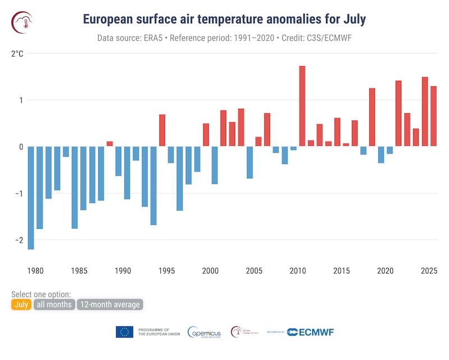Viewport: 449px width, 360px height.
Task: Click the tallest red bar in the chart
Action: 302,106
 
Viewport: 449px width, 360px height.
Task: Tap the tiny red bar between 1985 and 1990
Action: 109,144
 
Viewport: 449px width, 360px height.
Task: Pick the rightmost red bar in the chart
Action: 433,116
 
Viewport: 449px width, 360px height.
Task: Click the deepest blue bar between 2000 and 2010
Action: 250,162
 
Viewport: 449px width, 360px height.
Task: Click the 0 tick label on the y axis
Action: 20,147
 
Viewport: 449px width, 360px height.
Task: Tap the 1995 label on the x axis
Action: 166,271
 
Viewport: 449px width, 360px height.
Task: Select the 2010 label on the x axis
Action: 297,271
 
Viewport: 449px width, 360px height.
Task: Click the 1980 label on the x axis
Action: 35,271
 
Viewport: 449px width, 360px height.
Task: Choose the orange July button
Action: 21,304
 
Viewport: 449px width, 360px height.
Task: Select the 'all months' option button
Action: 54,304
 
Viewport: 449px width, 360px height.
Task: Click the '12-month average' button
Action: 110,304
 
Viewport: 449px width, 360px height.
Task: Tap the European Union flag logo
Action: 125,332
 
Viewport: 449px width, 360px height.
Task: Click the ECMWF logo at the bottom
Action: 310,332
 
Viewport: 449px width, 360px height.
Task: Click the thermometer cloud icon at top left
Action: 22,21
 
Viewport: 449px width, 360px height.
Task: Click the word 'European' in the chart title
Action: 109,19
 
